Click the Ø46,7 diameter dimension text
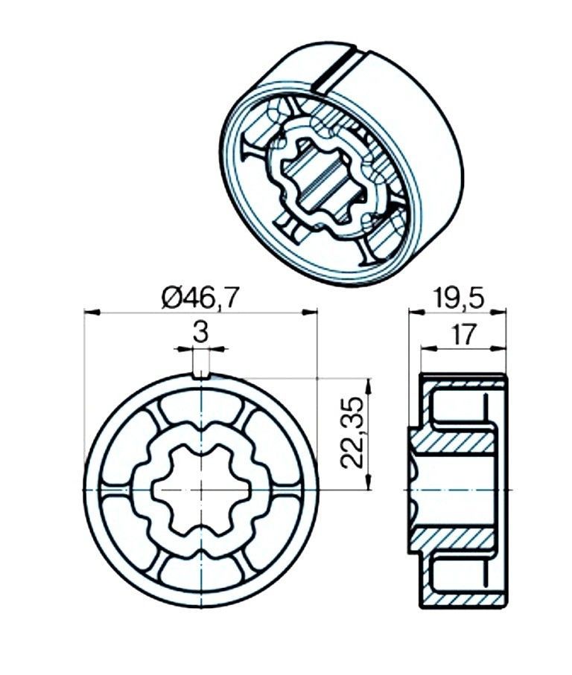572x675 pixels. click(200, 298)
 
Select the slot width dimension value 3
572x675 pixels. click(200, 333)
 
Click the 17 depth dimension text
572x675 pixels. click(463, 334)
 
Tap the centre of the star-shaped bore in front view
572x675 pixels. click(200, 490)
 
